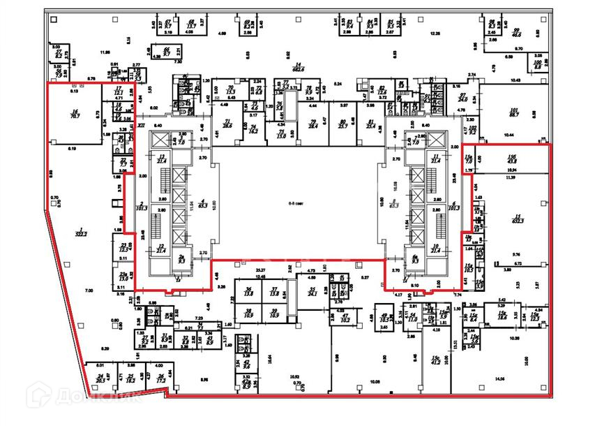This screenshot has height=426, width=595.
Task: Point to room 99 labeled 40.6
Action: point(517,31)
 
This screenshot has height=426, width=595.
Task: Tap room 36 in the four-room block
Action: point(249,293)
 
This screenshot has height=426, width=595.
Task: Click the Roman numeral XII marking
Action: point(141,126)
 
